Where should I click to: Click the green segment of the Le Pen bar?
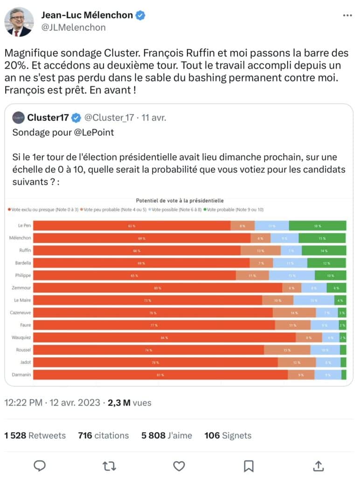[x=317, y=226]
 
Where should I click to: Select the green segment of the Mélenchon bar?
[x=322, y=239]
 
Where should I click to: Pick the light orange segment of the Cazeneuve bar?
[x=294, y=313]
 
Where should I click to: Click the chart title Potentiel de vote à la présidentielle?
[x=180, y=201]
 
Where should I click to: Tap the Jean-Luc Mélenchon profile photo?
[x=19, y=21]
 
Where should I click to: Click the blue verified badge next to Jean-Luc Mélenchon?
[x=140, y=15]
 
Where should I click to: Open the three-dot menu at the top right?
[x=347, y=15]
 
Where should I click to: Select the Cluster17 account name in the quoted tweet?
[x=48, y=117]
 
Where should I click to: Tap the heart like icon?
[x=179, y=465]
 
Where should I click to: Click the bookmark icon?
[x=249, y=465]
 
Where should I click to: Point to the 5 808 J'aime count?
[x=166, y=436]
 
